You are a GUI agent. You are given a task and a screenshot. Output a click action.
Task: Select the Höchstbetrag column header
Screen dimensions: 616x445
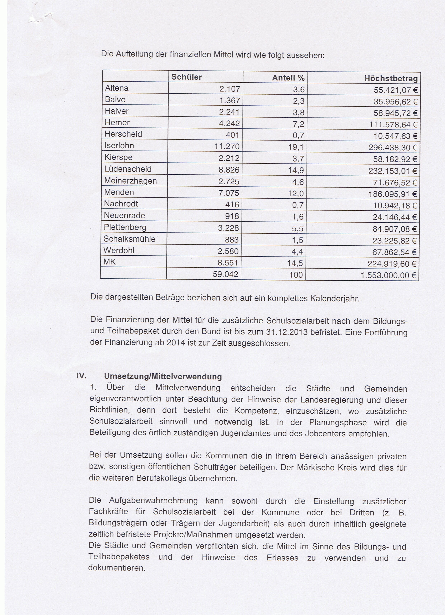pos(391,79)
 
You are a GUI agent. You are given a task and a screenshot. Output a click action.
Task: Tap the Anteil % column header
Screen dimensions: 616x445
pos(288,78)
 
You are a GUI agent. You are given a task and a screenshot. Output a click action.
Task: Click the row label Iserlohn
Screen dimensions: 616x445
pos(119,146)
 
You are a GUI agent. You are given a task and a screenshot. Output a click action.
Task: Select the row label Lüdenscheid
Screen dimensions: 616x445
pos(128,169)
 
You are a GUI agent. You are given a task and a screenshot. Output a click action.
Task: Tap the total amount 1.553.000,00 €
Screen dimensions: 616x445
pos(388,276)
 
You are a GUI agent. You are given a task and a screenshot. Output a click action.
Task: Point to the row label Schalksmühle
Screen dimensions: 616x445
pos(130,239)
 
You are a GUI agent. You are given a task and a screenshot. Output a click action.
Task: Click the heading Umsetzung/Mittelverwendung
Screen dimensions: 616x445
pos(163,377)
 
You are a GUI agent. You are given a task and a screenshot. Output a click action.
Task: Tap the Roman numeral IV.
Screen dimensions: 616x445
pos(82,376)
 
